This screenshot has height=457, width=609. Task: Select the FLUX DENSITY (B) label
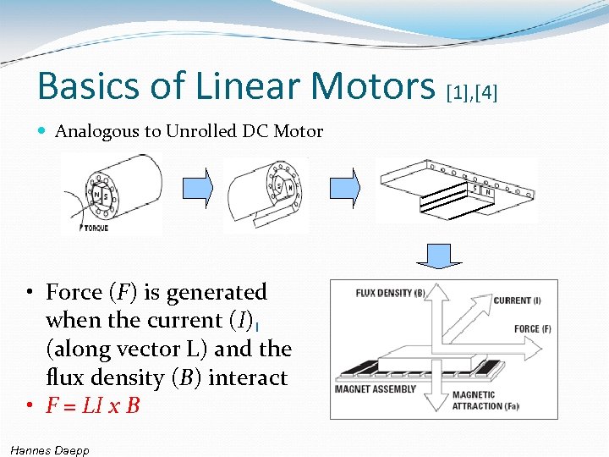pos(390,294)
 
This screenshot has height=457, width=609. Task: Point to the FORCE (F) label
pos(533,328)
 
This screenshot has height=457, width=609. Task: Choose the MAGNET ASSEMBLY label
pos(376,389)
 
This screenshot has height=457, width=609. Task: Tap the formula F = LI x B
pos(93,405)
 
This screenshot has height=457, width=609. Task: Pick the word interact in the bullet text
pos(248,377)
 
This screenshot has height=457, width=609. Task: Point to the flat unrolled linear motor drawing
pos(457,190)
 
